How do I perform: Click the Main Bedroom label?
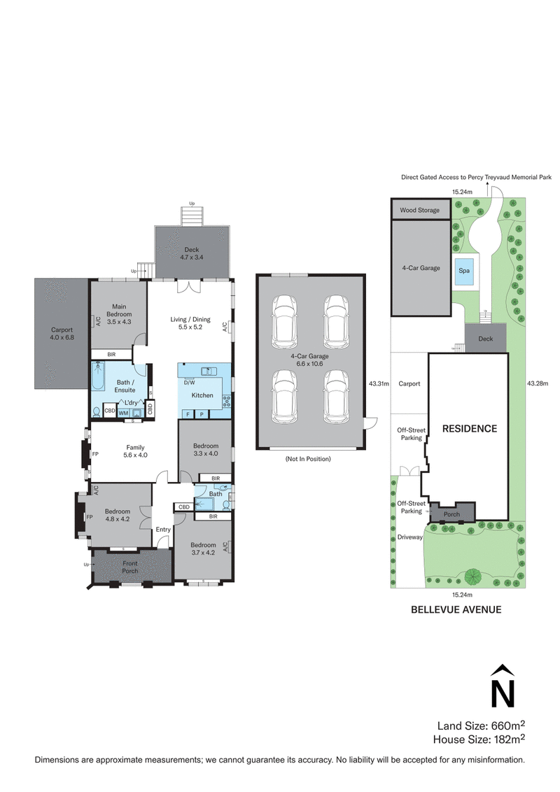tap(117, 309)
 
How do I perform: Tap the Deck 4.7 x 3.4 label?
tap(192, 254)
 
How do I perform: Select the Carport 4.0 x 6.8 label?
tap(62, 334)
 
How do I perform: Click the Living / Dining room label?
tap(190, 323)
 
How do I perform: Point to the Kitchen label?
tap(202, 395)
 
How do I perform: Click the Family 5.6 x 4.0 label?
tap(134, 451)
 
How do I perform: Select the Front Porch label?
tap(130, 567)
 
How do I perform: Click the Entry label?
tap(163, 530)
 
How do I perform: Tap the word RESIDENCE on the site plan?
tap(469, 428)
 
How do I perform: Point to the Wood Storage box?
tap(420, 210)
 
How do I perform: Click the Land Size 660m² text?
tap(482, 725)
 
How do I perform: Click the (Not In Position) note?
tap(308, 459)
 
